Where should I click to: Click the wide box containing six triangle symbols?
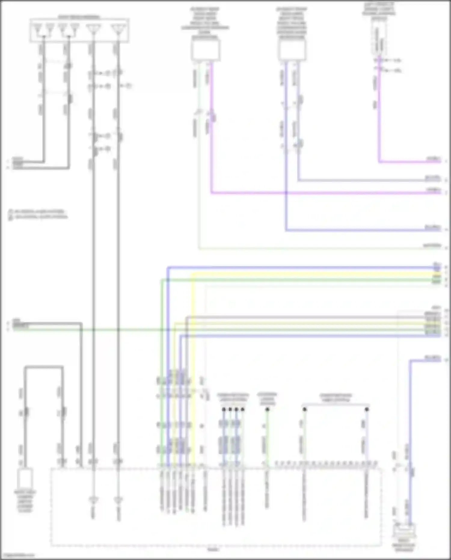coord(79,30)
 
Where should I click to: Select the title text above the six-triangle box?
coord(79,17)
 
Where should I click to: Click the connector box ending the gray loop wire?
coord(25,478)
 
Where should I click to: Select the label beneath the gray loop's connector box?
coord(25,501)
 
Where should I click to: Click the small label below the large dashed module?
coord(214,549)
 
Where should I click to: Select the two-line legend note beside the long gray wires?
coord(38,214)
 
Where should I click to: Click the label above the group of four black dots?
coord(233,397)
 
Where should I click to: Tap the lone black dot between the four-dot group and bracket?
coord(267,409)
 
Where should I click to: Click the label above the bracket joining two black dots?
coord(336,398)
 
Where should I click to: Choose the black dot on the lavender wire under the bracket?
coord(367,409)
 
